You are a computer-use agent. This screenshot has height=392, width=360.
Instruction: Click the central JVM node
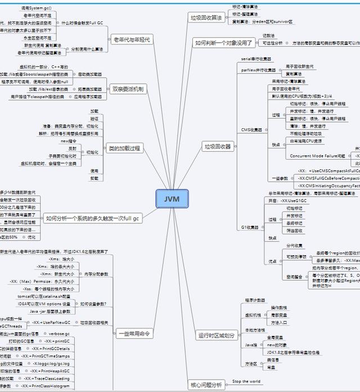[x=172, y=200]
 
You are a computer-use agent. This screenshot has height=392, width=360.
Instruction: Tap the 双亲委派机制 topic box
[x=128, y=89]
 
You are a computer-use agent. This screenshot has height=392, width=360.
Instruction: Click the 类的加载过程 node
[x=124, y=148]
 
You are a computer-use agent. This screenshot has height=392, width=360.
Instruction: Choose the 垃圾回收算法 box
[x=206, y=17]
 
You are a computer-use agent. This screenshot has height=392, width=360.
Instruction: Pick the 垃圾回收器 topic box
[x=217, y=147]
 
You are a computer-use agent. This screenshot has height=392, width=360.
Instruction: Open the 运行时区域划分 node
[x=217, y=335]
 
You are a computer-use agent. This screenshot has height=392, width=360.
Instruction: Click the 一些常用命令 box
[x=136, y=334]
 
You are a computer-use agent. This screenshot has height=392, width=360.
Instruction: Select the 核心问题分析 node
[x=206, y=385]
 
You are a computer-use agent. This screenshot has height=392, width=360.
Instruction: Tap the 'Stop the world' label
[x=246, y=381]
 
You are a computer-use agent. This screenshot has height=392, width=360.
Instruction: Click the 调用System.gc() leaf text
[x=36, y=8]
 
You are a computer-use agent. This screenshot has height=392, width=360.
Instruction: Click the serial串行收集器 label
[x=256, y=58]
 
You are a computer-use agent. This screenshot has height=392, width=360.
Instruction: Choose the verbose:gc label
[x=58, y=333]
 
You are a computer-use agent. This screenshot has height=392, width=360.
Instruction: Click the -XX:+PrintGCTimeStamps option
[x=46, y=356]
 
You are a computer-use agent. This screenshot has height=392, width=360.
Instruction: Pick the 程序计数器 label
[x=255, y=300]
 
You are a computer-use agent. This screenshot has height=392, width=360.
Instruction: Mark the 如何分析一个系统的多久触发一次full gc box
[x=92, y=218]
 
